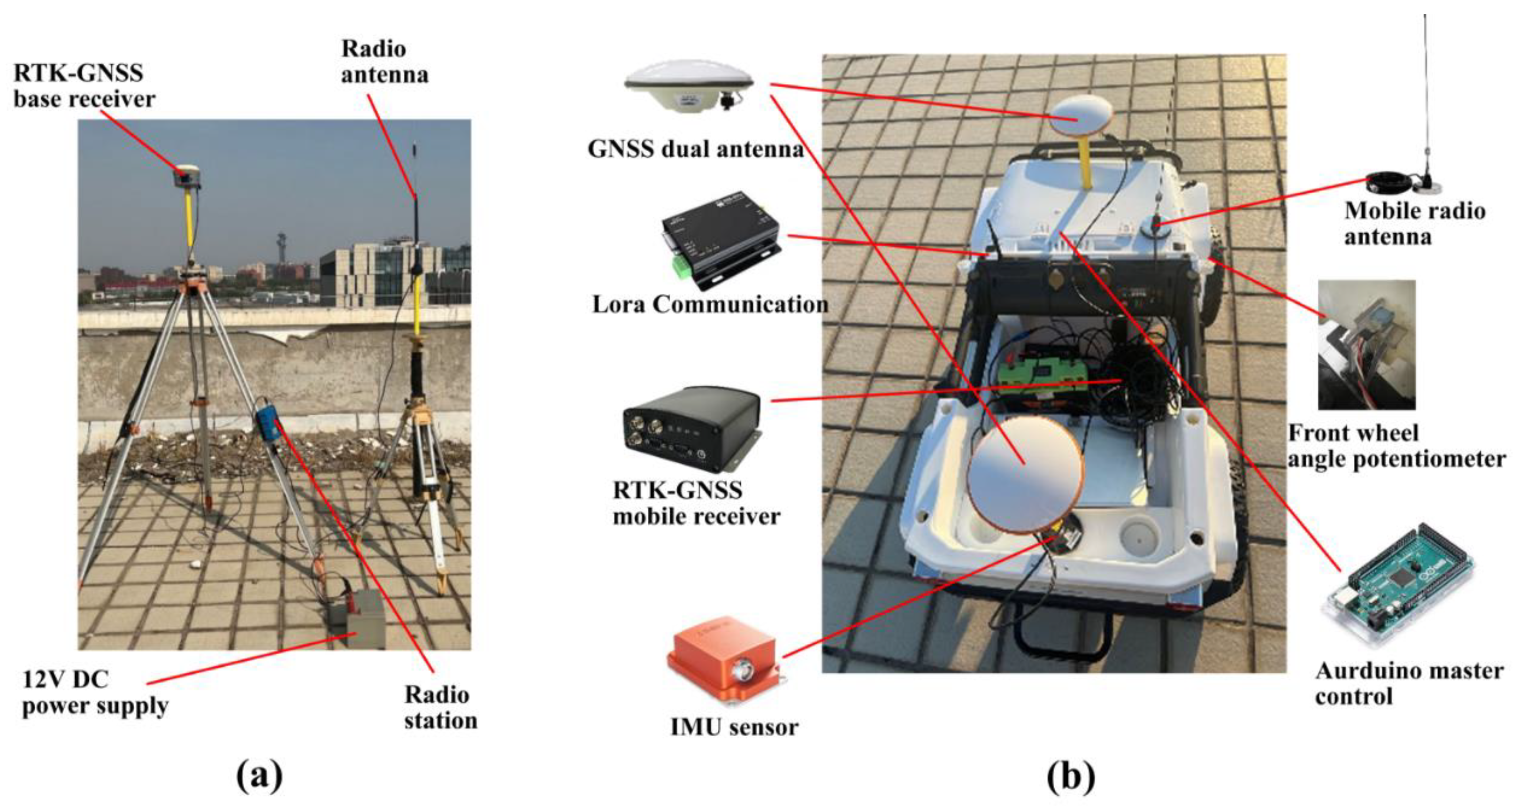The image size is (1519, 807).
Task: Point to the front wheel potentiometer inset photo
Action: (x=1366, y=345)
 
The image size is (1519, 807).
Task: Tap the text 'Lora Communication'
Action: (x=709, y=305)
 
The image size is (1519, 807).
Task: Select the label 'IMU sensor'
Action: (x=734, y=727)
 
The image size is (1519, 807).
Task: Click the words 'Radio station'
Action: (x=440, y=708)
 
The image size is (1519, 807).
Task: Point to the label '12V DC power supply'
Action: (x=94, y=693)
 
